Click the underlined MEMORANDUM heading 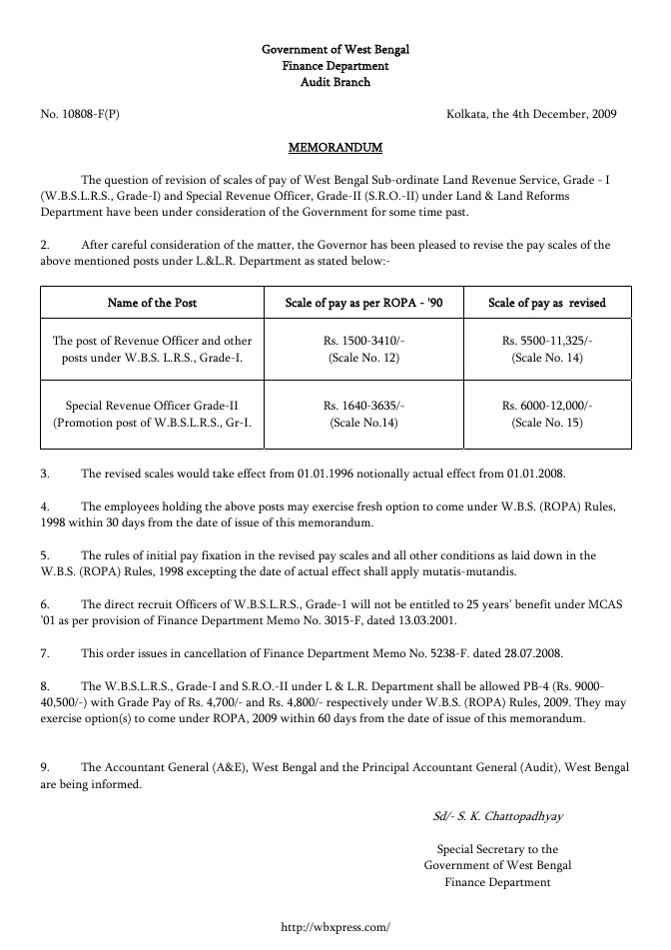(335, 148)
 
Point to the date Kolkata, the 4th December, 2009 (531, 114)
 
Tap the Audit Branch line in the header (335, 82)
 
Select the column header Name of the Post (152, 303)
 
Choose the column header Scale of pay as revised (546, 303)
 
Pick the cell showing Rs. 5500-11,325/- (546, 341)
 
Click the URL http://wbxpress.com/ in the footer (335, 928)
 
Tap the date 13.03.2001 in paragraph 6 (366, 620)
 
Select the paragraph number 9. (45, 767)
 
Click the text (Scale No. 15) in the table (546, 423)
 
